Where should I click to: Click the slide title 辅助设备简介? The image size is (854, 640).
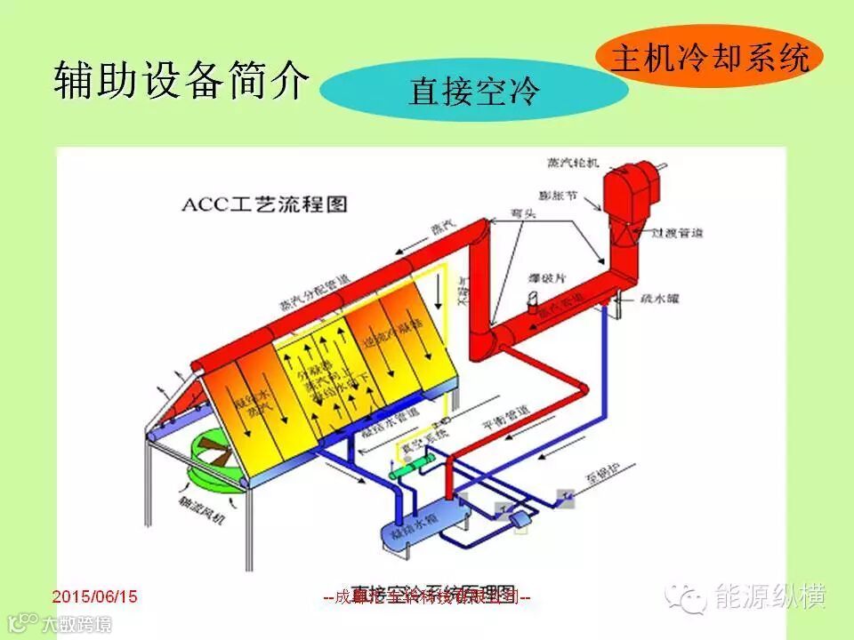pos(181,81)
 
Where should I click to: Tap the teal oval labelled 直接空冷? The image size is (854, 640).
pos(473,91)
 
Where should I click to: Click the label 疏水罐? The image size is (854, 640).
pos(659,300)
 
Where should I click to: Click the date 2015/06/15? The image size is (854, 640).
pos(95,596)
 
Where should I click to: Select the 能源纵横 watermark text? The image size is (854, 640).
pos(770,596)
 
